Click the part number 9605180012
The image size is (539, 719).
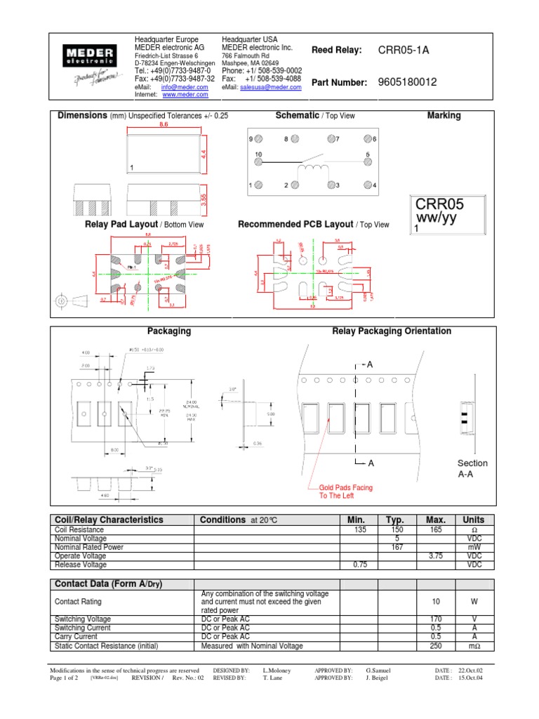click(x=407, y=82)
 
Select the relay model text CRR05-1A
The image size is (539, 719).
click(x=404, y=50)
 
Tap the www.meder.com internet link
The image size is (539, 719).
click(x=180, y=94)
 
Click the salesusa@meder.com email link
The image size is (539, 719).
click(x=270, y=88)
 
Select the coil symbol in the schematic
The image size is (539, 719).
click(x=313, y=170)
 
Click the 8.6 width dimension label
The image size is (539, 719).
click(x=164, y=124)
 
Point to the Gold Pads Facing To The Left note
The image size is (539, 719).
click(x=346, y=492)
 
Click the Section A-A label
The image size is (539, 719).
click(x=472, y=469)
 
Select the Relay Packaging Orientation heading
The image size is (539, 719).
click(x=392, y=331)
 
